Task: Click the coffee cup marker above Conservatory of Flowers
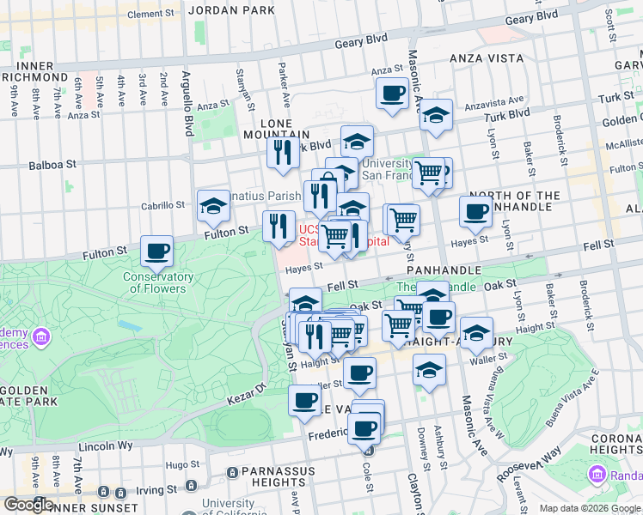[x=156, y=251]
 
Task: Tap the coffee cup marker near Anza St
[x=393, y=94]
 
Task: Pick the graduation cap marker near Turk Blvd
[x=437, y=115]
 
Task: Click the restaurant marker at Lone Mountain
[x=281, y=153]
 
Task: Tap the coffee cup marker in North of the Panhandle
[x=475, y=212]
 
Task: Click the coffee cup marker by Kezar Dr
[x=304, y=401]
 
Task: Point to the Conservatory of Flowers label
[x=157, y=282]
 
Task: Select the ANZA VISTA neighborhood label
[x=487, y=58]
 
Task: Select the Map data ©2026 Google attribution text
[x=589, y=508]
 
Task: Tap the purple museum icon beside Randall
[x=597, y=474]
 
